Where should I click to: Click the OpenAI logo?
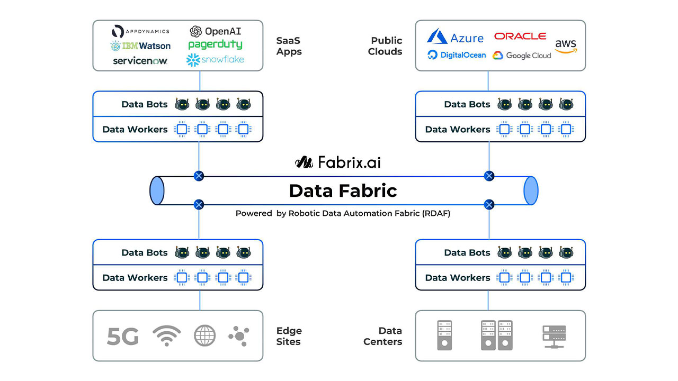215,31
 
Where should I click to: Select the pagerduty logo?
215,44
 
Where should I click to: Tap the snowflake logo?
215,60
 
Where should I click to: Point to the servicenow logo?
140,60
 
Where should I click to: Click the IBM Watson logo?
140,46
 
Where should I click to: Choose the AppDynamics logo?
141,31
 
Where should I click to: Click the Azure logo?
455,37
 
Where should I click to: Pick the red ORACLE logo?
520,36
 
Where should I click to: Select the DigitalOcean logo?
457,55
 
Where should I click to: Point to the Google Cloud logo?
522,55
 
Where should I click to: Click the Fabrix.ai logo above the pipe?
337,162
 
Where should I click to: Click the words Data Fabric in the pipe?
343,190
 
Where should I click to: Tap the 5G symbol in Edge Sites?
122,336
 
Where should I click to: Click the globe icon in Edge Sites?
204,335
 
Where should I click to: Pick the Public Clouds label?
386,46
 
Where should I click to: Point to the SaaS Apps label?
289,46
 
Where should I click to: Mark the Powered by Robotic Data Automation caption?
343,214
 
